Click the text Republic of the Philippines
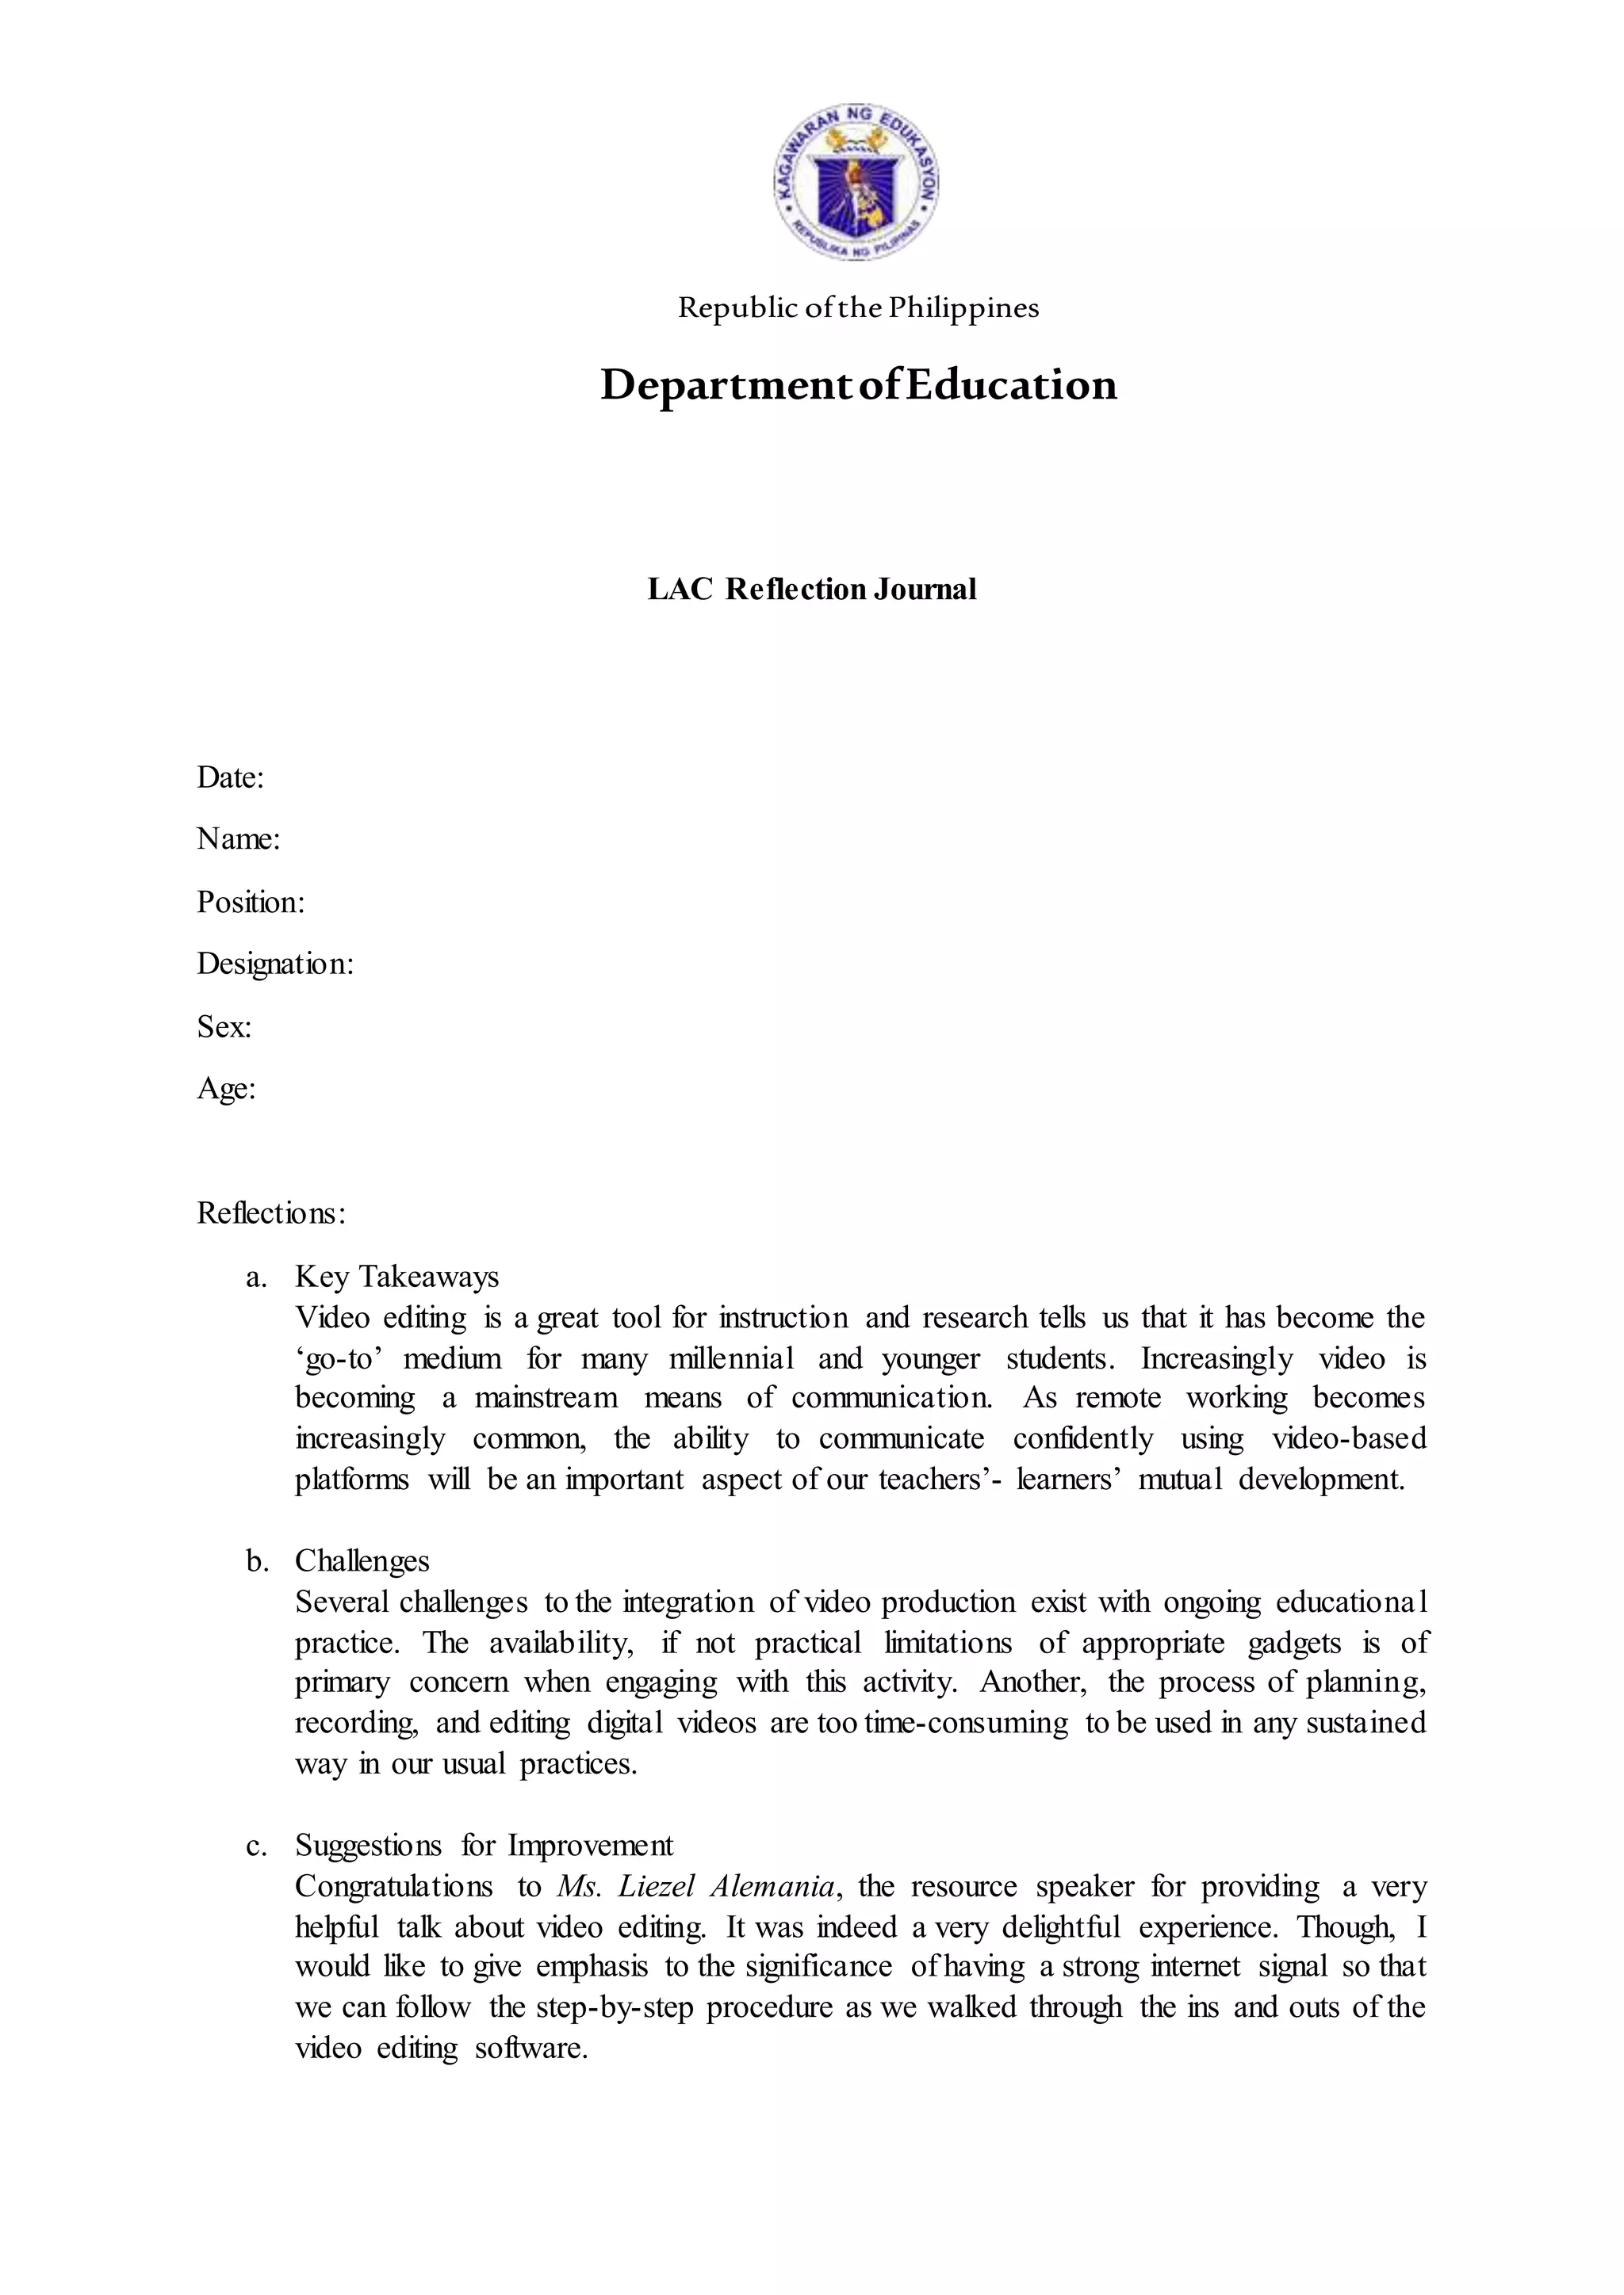click(858, 307)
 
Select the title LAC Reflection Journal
click(811, 589)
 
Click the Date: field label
click(230, 777)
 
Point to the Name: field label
click(238, 838)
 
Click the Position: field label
click(250, 902)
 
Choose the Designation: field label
click(275, 964)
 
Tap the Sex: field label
click(224, 1026)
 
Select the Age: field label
click(226, 1089)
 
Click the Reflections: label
click(271, 1212)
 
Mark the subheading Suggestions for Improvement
click(483, 1844)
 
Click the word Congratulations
click(393, 1886)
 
